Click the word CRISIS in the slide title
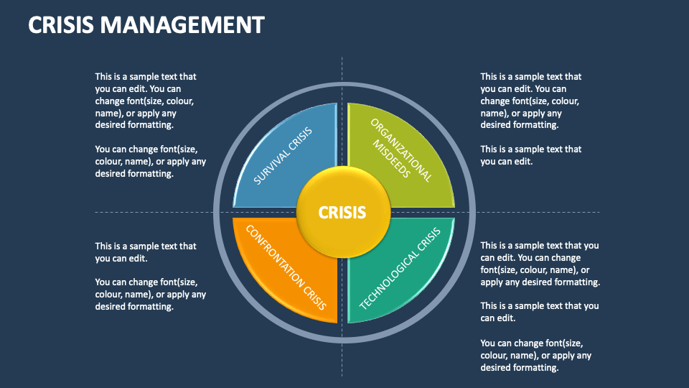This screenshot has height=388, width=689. (60, 25)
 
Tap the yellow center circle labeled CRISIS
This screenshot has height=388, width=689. (343, 213)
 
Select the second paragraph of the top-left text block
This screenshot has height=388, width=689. (150, 161)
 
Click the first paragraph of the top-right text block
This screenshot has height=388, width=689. (530, 101)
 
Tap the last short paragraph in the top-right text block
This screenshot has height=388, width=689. (530, 155)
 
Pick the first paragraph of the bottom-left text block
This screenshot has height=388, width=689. (146, 252)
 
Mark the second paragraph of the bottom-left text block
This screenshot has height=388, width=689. (150, 294)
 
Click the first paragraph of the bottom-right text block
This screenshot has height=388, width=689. (540, 264)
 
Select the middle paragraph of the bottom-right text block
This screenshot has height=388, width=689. (540, 312)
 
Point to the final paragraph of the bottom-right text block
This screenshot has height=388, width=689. (535, 355)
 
